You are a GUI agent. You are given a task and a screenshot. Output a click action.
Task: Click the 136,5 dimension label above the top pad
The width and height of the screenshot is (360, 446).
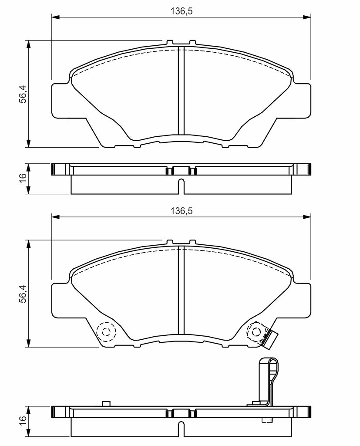click(x=182, y=11)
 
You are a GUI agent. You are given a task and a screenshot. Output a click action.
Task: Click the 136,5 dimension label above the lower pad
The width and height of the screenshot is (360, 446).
click(x=182, y=211)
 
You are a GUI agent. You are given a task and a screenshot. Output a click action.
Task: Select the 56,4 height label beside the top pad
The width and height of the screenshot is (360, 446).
click(x=23, y=94)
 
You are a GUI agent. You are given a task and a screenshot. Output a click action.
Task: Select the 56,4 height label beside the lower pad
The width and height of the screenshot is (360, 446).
click(x=23, y=294)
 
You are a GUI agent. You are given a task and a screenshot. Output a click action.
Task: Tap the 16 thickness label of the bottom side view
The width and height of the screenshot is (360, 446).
click(x=23, y=418)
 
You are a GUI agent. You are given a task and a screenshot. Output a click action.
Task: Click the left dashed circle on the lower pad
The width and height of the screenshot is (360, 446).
click(x=106, y=331)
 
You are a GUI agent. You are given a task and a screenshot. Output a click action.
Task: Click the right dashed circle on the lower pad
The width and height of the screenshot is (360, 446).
click(x=256, y=331)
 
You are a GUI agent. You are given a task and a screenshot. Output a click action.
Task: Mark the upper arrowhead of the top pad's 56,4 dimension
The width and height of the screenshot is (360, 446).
click(x=28, y=44)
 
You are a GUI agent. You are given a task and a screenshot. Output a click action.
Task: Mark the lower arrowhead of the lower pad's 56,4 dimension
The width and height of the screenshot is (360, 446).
click(x=28, y=343)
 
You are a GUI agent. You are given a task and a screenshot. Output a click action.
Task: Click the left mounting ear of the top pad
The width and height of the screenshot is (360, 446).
click(x=60, y=100)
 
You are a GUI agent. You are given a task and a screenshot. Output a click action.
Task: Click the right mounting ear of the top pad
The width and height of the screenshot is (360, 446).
click(x=302, y=100)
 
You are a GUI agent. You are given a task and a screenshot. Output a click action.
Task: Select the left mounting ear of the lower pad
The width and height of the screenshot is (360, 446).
click(x=60, y=300)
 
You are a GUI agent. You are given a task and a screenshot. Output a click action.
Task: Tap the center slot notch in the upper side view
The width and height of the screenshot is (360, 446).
click(x=181, y=186)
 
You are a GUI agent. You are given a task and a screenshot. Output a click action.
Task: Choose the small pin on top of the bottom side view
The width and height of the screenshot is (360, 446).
click(x=106, y=404)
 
